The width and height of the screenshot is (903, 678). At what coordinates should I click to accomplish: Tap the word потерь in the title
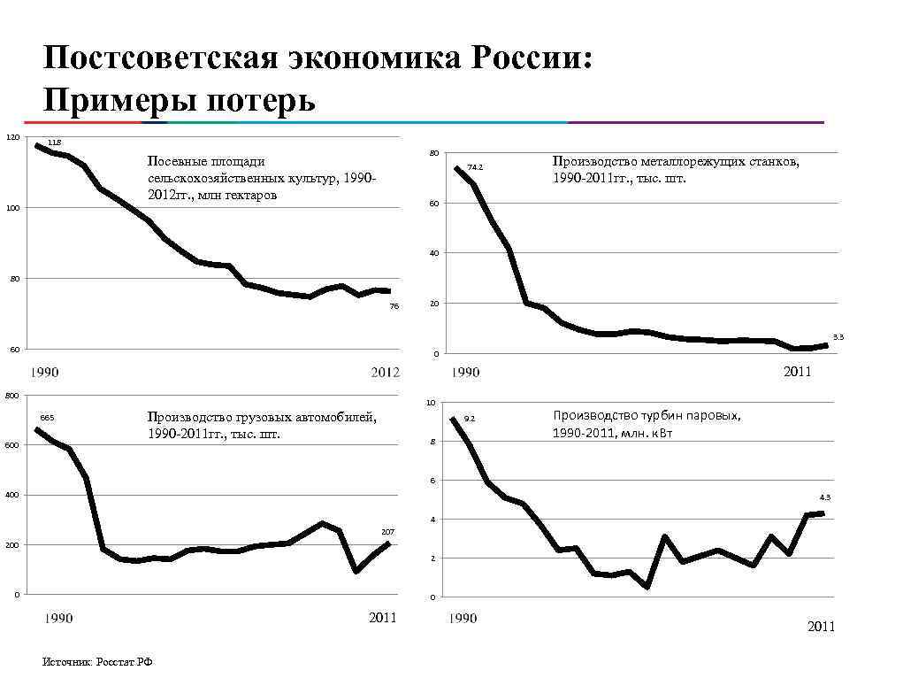click(x=260, y=99)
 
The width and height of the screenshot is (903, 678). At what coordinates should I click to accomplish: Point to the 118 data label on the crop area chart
click(x=54, y=143)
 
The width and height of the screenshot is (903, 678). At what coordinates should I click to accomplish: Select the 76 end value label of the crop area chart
click(x=394, y=306)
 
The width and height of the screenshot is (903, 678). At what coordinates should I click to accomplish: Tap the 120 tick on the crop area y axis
click(x=11, y=137)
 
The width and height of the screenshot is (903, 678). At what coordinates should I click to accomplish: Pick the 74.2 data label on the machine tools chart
click(x=475, y=166)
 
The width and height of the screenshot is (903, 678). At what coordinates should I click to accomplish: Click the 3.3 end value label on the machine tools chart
click(x=838, y=336)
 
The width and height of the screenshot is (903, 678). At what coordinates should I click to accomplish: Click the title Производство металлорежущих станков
click(x=676, y=169)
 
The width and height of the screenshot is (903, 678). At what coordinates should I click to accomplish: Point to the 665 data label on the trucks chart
click(x=47, y=417)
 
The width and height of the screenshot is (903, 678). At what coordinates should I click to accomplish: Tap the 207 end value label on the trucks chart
click(x=387, y=530)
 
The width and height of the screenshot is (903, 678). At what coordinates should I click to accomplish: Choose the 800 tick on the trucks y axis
click(x=11, y=395)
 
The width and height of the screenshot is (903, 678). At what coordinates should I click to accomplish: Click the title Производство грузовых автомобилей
click(x=262, y=425)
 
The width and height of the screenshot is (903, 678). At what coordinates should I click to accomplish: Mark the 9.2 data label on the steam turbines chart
click(x=470, y=418)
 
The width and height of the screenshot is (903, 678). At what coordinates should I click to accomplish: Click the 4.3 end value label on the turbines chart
click(x=825, y=497)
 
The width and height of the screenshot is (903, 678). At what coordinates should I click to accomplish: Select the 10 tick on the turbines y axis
click(x=431, y=403)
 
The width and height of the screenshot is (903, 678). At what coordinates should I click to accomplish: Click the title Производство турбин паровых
click(x=647, y=423)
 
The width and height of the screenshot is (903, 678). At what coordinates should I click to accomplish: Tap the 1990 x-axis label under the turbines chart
click(x=463, y=618)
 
